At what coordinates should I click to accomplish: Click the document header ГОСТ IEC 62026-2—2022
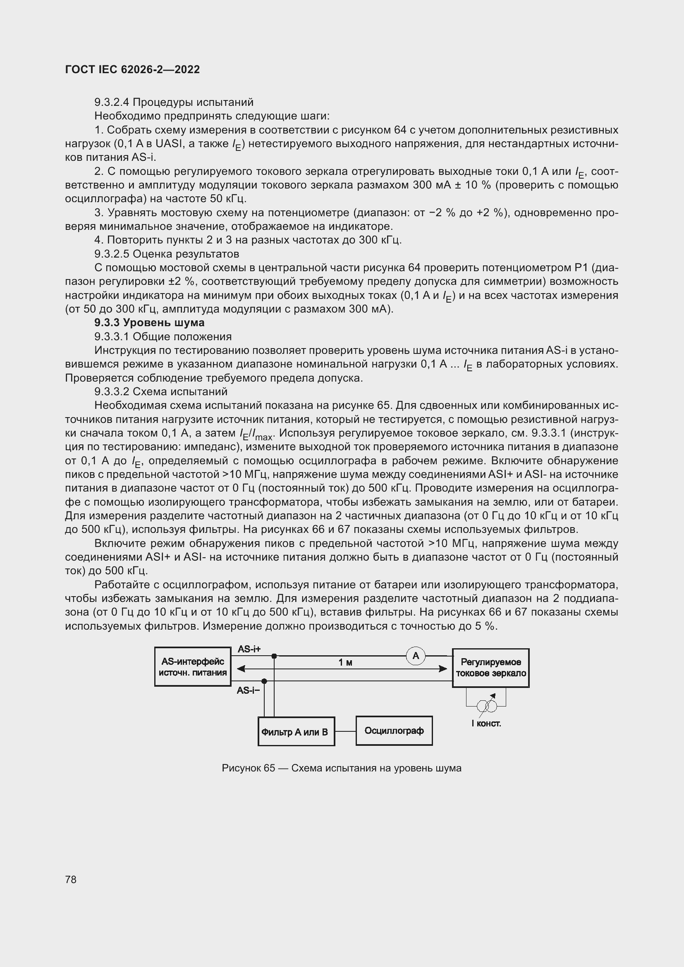(x=132, y=69)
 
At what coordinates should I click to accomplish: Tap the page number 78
(x=71, y=879)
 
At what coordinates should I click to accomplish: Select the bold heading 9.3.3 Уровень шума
(x=150, y=322)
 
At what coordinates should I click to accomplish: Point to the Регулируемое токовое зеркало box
(x=491, y=668)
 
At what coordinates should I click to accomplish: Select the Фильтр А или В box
(x=296, y=732)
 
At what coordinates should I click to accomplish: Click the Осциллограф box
(x=394, y=731)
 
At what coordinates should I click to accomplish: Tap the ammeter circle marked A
(x=416, y=656)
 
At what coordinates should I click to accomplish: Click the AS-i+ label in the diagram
(x=249, y=649)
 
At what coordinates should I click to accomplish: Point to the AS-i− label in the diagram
(x=248, y=690)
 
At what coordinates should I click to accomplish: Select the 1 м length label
(x=345, y=662)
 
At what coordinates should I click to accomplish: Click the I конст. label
(x=486, y=723)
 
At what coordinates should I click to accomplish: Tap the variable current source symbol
(x=487, y=705)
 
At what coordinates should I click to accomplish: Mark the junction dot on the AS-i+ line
(x=274, y=656)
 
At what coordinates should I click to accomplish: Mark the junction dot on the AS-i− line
(x=265, y=681)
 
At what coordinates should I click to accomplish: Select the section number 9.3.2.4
(x=112, y=103)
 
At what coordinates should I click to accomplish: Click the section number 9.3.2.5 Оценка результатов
(x=166, y=254)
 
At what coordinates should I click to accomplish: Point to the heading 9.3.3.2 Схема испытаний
(x=160, y=392)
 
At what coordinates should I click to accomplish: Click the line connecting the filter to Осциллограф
(x=345, y=732)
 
